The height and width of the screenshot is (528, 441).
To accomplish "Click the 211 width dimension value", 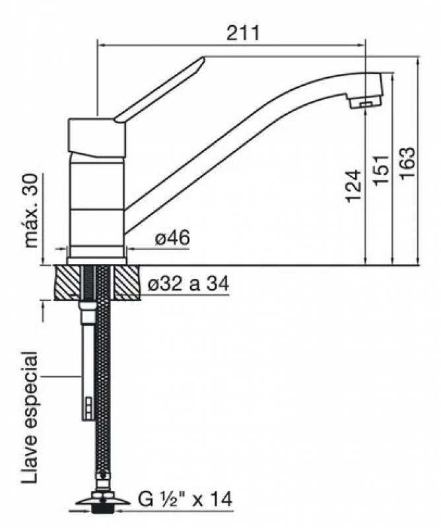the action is tap(243, 33).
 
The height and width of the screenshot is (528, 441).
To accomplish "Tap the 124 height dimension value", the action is tap(354, 186).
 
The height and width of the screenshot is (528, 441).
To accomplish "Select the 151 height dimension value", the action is tap(381, 170).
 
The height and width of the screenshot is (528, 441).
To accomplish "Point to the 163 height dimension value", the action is tap(407, 163).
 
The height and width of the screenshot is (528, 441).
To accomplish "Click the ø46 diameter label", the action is tap(172, 238).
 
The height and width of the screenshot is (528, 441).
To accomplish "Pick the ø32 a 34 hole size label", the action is tap(188, 284).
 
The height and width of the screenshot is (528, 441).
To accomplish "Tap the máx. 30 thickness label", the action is tap(32, 211).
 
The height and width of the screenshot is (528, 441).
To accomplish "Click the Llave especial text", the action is tap(29, 418).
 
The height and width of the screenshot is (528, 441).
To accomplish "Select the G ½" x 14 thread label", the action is tap(185, 499).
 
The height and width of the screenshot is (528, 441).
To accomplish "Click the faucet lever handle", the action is tap(160, 89).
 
